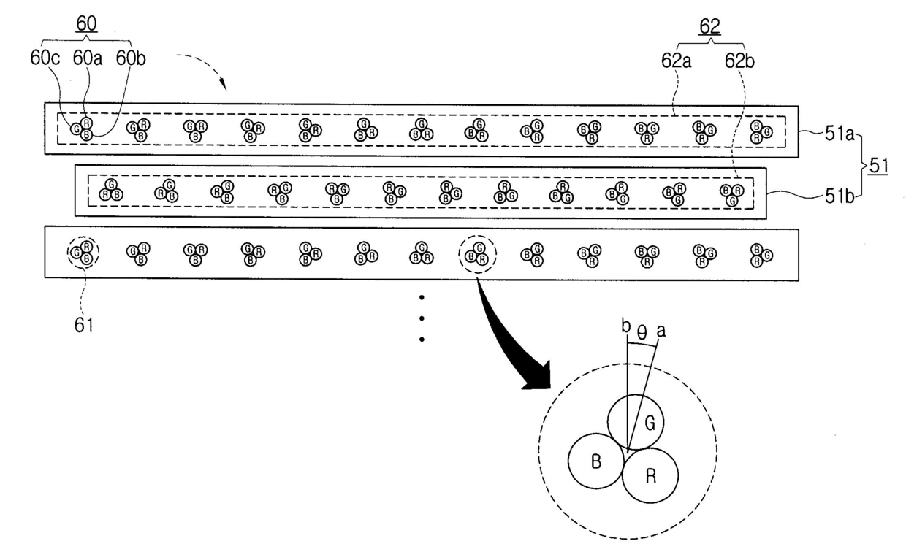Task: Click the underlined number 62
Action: click(709, 27)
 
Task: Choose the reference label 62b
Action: click(741, 61)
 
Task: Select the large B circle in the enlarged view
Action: click(595, 462)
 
